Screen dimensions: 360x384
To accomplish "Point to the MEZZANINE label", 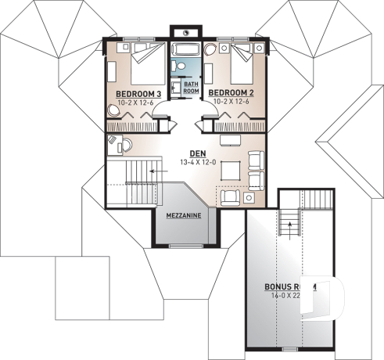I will pos(184,214).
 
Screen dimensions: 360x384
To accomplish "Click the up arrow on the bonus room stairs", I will pos(290,224).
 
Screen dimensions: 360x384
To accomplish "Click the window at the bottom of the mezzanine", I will pos(185,245).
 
